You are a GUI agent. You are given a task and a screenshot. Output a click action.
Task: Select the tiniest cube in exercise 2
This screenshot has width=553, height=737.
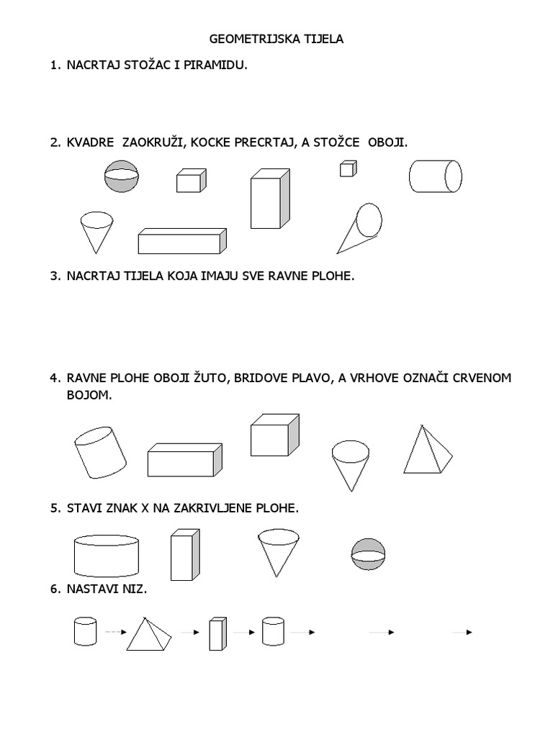(348, 168)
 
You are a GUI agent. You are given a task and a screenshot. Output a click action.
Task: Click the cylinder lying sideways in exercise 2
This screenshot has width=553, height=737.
(436, 176)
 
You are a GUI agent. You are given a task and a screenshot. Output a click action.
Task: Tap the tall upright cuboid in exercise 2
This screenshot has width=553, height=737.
(270, 199)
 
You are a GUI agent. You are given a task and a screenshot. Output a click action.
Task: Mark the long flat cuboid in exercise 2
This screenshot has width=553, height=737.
(181, 241)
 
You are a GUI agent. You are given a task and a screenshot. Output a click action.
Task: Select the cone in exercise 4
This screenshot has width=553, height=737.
(350, 464)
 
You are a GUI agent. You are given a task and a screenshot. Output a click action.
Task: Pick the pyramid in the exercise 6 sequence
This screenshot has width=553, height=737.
(150, 633)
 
